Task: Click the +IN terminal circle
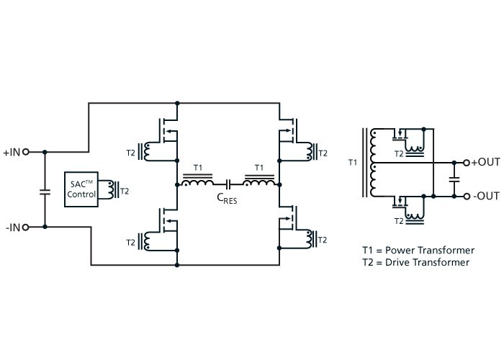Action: click(x=26, y=152)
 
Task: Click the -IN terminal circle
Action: click(x=26, y=228)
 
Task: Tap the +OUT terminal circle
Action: click(x=467, y=163)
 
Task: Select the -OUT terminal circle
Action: click(x=467, y=196)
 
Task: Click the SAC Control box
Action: click(x=81, y=189)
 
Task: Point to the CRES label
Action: click(x=227, y=198)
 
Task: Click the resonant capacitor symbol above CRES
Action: click(x=228, y=184)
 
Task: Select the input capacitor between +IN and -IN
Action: click(x=45, y=192)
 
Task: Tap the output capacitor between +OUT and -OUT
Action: click(x=454, y=179)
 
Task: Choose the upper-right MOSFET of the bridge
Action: click(x=288, y=130)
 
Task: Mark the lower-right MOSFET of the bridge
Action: click(x=288, y=218)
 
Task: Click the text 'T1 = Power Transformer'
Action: click(x=418, y=250)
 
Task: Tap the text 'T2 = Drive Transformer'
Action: click(x=416, y=262)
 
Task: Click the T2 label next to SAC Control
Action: click(x=125, y=192)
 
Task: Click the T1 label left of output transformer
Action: click(x=353, y=162)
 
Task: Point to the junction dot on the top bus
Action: click(x=177, y=103)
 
